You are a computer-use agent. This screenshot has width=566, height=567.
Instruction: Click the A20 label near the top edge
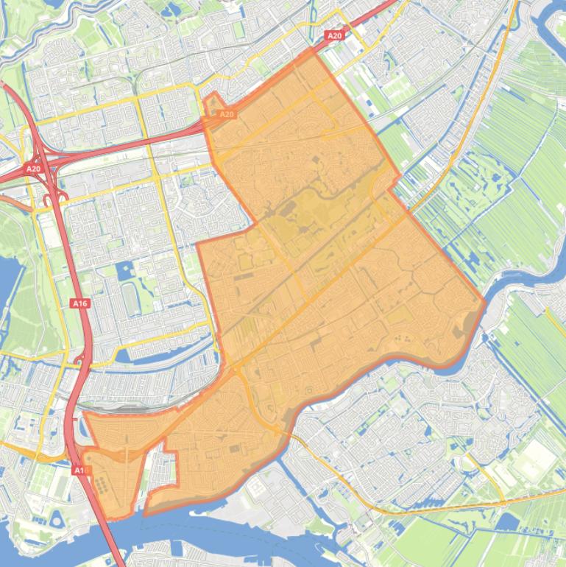pos(334,35)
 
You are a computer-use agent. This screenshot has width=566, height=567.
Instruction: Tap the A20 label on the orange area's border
pos(227,114)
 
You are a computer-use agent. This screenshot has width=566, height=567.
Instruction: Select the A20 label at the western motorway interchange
pos(33,169)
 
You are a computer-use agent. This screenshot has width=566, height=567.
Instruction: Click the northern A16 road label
pos(79,303)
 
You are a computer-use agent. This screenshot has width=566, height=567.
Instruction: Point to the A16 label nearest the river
pos(80,469)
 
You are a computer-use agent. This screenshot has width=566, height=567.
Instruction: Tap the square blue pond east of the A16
pos(124,270)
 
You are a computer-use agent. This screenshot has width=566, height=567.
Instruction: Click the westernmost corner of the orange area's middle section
pos(197,244)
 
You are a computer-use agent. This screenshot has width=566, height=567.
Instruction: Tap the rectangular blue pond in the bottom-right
pos(508,522)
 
